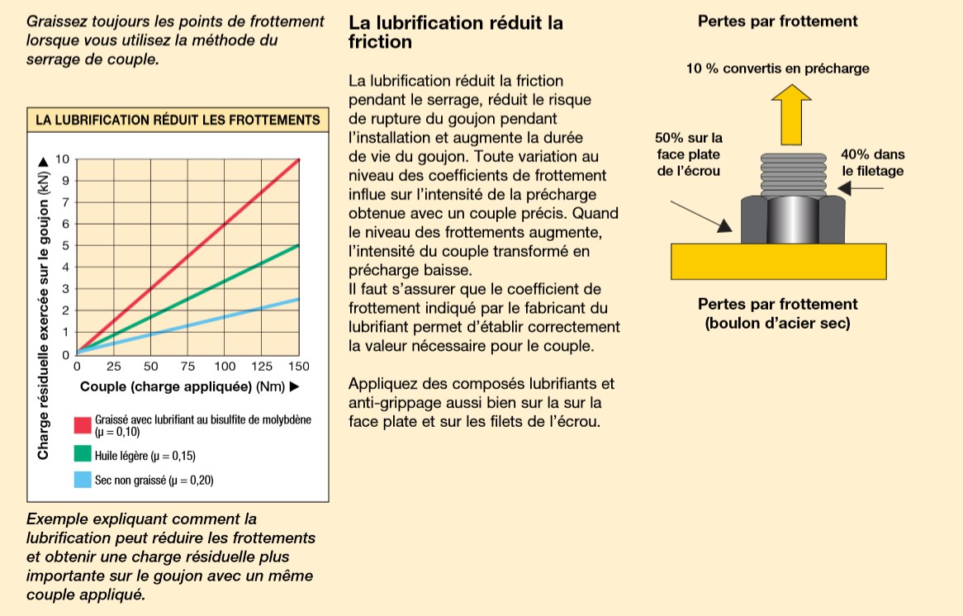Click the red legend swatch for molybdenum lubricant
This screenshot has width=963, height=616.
(83, 424)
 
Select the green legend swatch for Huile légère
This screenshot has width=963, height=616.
(83, 453)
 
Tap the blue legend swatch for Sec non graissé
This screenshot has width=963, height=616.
(83, 479)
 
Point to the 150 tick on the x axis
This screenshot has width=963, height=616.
(297, 366)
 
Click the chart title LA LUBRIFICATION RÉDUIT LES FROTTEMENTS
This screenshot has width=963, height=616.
(178, 121)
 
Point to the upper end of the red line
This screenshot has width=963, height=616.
(297, 159)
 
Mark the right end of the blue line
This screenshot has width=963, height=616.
(297, 300)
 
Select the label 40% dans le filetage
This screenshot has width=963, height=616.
(873, 163)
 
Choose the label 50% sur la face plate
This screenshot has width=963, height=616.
(688, 154)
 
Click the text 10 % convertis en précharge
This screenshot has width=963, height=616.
(777, 69)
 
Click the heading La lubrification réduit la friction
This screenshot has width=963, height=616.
(456, 31)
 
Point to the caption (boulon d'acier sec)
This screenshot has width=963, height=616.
(777, 324)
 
